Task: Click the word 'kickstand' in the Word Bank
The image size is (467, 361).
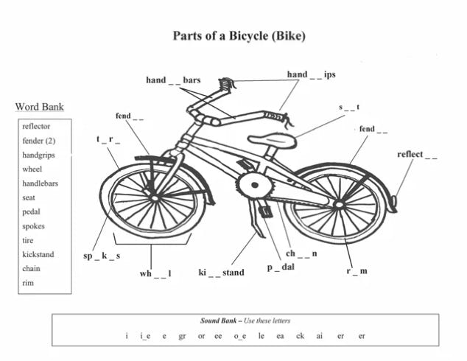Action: click(x=38, y=254)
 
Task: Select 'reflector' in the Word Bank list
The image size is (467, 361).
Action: click(x=36, y=126)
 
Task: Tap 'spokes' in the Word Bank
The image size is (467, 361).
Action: click(x=33, y=226)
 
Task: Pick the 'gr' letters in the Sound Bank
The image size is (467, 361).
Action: click(x=182, y=336)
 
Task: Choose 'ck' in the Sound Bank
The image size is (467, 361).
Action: click(x=300, y=336)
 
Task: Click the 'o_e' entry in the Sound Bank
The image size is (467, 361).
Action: click(x=239, y=336)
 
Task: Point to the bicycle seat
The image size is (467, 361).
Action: click(x=272, y=140)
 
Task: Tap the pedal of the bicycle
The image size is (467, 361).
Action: click(x=265, y=211)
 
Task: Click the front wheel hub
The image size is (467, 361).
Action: click(x=155, y=198)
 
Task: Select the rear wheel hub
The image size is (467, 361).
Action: click(x=339, y=205)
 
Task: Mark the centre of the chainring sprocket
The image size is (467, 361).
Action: click(x=255, y=185)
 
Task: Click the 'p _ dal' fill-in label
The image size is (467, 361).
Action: click(x=281, y=267)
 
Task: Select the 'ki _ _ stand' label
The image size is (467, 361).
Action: click(x=221, y=273)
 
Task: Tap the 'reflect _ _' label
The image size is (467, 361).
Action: click(x=417, y=155)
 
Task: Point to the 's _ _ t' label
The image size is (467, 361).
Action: click(x=349, y=108)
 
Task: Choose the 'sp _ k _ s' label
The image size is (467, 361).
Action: click(x=102, y=256)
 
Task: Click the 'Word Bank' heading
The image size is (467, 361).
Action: click(x=39, y=107)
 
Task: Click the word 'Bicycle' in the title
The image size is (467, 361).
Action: click(x=249, y=36)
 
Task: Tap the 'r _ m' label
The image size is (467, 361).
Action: click(x=357, y=271)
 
